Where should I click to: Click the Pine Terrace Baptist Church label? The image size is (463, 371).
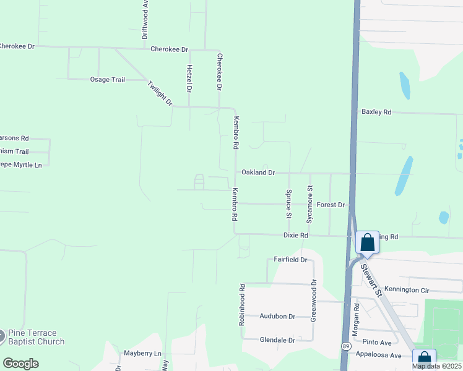(35, 337)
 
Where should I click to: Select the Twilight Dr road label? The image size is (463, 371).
(160, 93)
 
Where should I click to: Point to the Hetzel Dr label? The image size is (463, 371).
(189, 77)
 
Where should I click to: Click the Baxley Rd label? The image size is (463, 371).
(376, 112)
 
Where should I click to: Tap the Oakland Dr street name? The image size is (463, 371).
(258, 173)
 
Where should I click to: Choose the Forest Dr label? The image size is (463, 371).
(330, 205)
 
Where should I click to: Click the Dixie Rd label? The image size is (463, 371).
(295, 236)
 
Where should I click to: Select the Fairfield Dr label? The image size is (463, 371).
(290, 260)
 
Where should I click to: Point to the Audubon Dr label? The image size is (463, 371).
(277, 316)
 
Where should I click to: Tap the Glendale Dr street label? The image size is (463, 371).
(277, 340)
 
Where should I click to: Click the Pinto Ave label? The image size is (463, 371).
(378, 343)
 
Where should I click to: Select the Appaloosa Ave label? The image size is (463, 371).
(379, 355)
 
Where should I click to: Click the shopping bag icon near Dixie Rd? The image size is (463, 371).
(367, 242)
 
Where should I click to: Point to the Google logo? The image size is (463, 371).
(20, 364)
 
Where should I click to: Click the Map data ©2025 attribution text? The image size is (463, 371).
(436, 366)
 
